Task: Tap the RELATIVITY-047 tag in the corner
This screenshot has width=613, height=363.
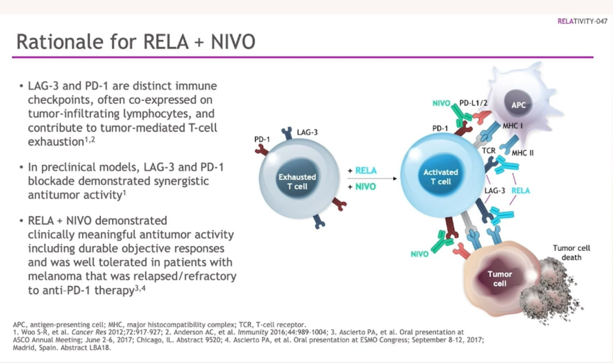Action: [x=581, y=21]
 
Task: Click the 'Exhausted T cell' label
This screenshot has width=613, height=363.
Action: [x=297, y=181]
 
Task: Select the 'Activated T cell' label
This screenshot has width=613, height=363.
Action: [x=441, y=177]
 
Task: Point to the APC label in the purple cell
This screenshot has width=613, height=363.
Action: [x=518, y=104]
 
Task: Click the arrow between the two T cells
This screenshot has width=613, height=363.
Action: [x=371, y=179]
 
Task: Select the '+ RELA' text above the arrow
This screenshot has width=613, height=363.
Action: [x=361, y=170]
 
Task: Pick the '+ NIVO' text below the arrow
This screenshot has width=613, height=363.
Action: [x=361, y=187]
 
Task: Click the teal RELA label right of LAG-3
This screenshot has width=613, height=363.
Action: [x=521, y=190]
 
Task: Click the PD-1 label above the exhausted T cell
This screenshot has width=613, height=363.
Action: [x=263, y=139]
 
